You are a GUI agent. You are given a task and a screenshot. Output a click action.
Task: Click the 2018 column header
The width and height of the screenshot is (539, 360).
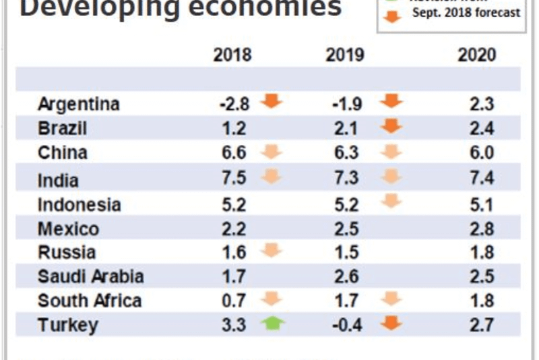pyautogui.click(x=232, y=55)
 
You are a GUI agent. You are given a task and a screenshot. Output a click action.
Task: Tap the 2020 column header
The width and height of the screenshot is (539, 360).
pyautogui.click(x=477, y=55)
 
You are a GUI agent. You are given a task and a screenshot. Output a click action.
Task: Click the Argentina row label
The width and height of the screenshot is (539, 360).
pyautogui.click(x=79, y=104)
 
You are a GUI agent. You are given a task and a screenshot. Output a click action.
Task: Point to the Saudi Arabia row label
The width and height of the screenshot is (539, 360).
pyautogui.click(x=91, y=276)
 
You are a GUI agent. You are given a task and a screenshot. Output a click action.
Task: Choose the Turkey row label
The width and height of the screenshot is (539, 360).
pyautogui.click(x=68, y=325)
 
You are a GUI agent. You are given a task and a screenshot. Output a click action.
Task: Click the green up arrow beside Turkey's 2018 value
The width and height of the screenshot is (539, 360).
pyautogui.click(x=273, y=324)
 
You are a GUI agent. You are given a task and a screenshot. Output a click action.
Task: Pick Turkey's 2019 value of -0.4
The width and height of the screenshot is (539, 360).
pyautogui.click(x=348, y=326)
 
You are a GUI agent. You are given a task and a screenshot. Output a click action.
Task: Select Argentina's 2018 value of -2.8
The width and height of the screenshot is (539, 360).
pyautogui.click(x=234, y=104)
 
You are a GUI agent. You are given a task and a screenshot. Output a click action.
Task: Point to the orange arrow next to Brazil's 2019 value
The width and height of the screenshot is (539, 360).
pyautogui.click(x=391, y=126)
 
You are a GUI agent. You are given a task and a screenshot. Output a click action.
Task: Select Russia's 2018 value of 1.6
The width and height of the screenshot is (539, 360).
pyautogui.click(x=232, y=253)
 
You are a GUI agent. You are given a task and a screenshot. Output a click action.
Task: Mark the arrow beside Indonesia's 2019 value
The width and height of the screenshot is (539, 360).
pyautogui.click(x=391, y=201)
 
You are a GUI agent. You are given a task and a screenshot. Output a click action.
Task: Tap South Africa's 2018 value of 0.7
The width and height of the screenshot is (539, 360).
pyautogui.click(x=232, y=301)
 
